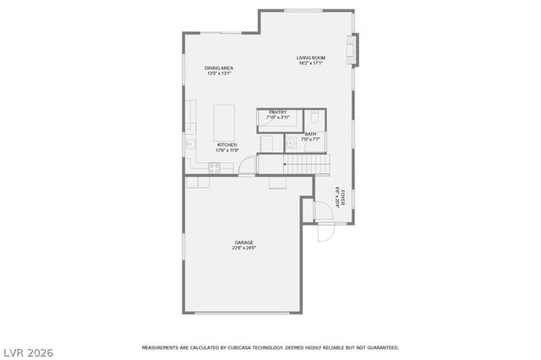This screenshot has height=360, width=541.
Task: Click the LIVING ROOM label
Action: (310, 57)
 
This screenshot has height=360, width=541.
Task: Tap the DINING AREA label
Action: (219, 68)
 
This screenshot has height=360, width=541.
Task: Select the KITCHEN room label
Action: (227, 145)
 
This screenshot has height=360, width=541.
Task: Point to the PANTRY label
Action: (277, 112)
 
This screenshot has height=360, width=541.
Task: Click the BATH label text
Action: (310, 134)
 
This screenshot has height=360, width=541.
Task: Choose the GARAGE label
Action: (244, 243)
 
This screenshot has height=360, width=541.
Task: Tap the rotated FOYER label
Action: (342, 198)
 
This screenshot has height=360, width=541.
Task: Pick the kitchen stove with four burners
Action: (214, 168)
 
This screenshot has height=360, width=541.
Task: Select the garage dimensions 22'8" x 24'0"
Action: (244, 248)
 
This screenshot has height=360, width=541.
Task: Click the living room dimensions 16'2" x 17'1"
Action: (310, 63)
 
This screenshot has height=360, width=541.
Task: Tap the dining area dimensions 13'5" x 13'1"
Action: (219, 74)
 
